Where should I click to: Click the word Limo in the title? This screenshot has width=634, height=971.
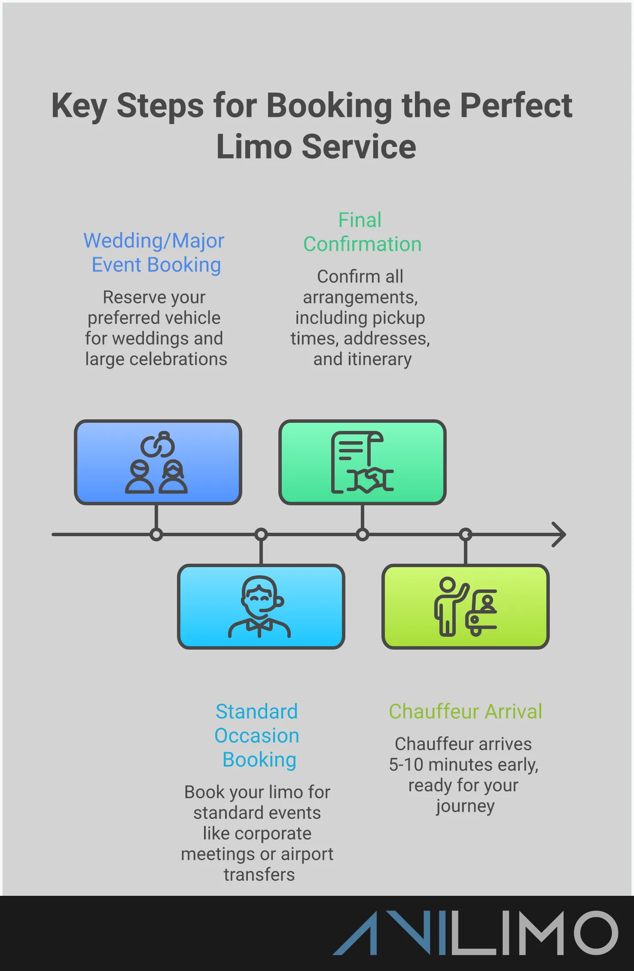click(254, 147)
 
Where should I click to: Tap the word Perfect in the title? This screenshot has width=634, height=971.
click(516, 106)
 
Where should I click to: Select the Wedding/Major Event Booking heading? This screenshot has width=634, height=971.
click(154, 253)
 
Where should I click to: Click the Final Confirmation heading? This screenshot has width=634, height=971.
click(362, 232)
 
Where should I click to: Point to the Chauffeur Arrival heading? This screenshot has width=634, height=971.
click(465, 711)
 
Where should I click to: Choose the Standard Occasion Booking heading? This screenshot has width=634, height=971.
click(257, 736)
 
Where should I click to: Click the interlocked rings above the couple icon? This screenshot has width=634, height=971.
click(158, 445)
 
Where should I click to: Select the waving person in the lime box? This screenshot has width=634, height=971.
click(448, 606)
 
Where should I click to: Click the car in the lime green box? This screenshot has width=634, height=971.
click(482, 613)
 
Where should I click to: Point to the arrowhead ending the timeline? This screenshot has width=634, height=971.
click(559, 534)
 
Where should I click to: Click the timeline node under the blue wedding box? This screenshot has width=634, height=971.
click(156, 534)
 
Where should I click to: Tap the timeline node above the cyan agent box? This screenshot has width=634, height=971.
click(261, 534)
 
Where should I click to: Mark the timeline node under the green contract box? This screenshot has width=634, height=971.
click(363, 534)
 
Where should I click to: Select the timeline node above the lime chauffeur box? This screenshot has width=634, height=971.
click(466, 534)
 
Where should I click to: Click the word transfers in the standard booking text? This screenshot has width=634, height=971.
click(259, 875)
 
